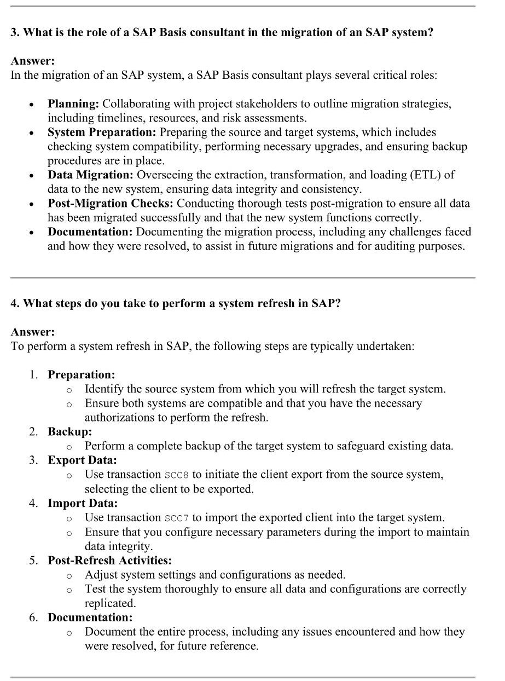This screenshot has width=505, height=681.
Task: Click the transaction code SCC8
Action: point(176,475)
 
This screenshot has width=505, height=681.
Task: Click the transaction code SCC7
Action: point(176,518)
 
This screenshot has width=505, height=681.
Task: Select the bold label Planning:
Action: point(73,104)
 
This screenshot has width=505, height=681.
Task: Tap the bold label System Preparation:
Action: point(102,132)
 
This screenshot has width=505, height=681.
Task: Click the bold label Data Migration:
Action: point(90,175)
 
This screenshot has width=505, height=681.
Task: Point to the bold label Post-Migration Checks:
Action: point(111,204)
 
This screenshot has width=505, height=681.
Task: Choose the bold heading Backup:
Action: point(69,432)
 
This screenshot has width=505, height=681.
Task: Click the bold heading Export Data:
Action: point(82,460)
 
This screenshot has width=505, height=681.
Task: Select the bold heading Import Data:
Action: point(83,503)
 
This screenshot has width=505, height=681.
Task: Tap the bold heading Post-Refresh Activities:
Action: point(109,561)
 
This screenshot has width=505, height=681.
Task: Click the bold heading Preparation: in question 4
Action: point(82,375)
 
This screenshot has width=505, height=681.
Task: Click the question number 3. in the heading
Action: point(15,32)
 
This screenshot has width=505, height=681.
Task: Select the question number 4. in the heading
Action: point(15,303)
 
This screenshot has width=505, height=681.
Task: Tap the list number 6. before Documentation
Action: point(34,617)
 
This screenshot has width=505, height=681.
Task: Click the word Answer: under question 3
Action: point(33,61)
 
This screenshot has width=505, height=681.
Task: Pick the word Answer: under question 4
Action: point(33,332)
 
